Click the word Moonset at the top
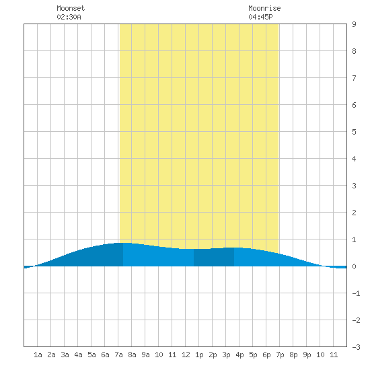[71, 8]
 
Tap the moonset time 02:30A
[69, 17]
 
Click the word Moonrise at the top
[264, 8]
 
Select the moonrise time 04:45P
[260, 17]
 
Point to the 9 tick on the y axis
[354, 24]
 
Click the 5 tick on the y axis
[354, 132]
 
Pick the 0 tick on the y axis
[354, 266]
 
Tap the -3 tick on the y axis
[356, 347]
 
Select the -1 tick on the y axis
[356, 293]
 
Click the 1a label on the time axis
[38, 355]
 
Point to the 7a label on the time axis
[118, 355]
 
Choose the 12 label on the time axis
[186, 355]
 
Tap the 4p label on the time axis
[239, 355]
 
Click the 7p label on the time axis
[280, 355]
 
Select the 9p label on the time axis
[307, 355]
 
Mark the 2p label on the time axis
[213, 355]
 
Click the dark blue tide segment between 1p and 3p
[214, 257]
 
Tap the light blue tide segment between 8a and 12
[158, 256]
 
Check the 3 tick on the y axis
[354, 186]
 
